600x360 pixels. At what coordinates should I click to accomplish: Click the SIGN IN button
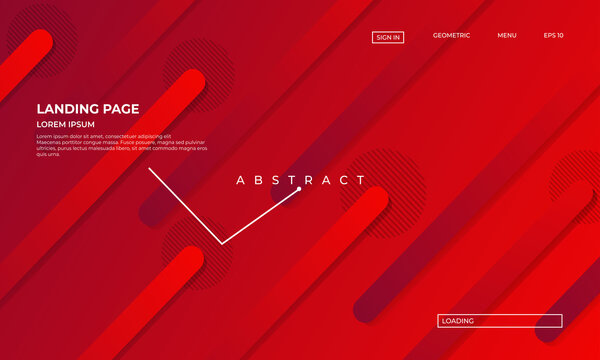pos(388,37)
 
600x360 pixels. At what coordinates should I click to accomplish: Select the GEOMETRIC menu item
pos(451,35)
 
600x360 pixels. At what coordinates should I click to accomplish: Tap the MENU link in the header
pos(507,35)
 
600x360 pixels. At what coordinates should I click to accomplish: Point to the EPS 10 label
pos(553,35)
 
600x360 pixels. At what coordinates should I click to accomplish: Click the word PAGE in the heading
pos(120,109)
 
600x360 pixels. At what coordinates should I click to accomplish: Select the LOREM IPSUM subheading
pos(65,124)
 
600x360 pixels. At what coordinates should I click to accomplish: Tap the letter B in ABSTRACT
pos(256,181)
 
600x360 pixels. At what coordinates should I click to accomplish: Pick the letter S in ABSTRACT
pos(274,181)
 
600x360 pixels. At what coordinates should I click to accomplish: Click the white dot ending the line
pos(298,189)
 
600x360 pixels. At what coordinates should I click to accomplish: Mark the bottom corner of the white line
pos(222,243)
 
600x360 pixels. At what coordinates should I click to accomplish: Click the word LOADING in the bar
pos(457,321)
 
